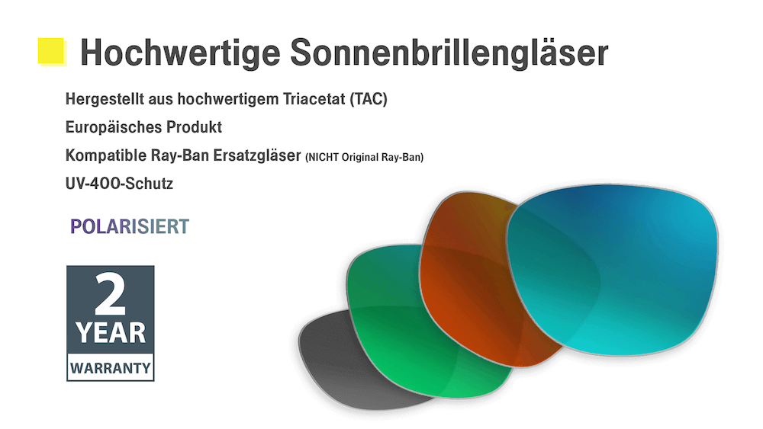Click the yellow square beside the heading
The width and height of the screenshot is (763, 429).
coord(51,51)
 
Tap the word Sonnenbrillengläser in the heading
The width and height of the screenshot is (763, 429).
coord(449,53)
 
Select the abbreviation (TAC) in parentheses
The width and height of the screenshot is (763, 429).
coord(369,99)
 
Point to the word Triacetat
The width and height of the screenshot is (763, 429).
coord(314,99)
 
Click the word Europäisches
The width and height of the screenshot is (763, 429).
coord(114,127)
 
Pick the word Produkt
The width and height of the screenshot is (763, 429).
coord(194,127)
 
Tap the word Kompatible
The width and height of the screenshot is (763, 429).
coord(106,155)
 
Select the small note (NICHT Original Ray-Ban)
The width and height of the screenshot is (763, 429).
coord(365,158)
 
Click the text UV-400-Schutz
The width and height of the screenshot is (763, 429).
coord(119,184)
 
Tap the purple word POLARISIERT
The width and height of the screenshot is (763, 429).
coord(130,226)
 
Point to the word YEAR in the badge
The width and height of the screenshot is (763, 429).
coord(111,333)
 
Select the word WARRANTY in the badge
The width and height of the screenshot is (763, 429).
coord(110,368)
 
